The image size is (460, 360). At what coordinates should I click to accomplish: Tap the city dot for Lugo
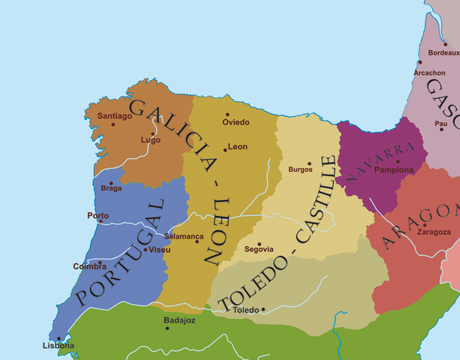point(155,133)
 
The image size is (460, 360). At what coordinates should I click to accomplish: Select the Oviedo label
point(236,122)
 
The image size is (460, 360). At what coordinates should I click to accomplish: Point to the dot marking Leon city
point(225,149)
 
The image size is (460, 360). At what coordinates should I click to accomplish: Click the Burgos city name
point(300,169)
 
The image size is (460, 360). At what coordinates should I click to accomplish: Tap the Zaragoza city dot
point(425,224)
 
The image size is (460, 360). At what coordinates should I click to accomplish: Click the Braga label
point(110,189)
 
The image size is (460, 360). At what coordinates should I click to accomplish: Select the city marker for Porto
point(100,221)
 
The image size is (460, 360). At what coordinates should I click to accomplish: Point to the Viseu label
point(160,249)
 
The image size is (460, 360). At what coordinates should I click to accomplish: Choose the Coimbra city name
point(89,266)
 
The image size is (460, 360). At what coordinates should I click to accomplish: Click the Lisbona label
point(58,346)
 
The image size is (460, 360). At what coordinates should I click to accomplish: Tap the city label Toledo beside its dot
point(245,310)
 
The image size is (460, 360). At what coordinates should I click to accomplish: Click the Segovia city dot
point(260,244)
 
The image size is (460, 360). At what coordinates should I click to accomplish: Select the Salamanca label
point(184,236)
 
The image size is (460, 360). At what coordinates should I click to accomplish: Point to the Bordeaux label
point(444,53)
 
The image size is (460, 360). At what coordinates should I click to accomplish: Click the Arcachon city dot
point(419,63)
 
